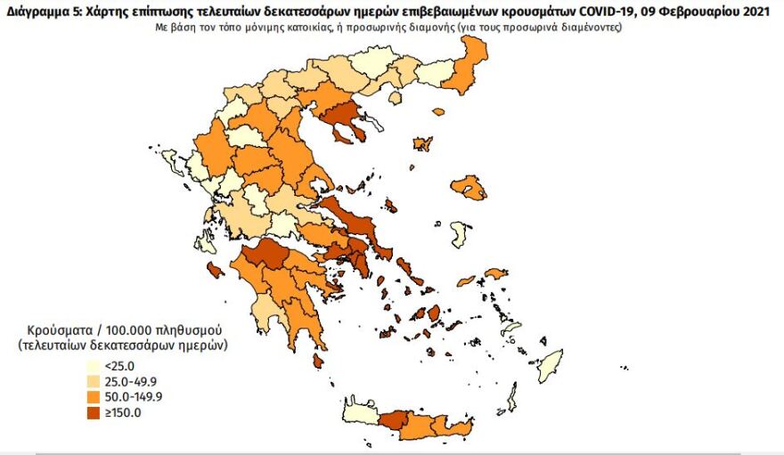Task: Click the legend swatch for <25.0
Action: pyautogui.click(x=93, y=366)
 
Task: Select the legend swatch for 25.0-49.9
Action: pyautogui.click(x=93, y=381)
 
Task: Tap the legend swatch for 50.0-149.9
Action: pyautogui.click(x=93, y=396)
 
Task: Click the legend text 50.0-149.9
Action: pyautogui.click(x=134, y=396)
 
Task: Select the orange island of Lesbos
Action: pyautogui.click(x=469, y=188)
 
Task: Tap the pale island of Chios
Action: pyautogui.click(x=461, y=236)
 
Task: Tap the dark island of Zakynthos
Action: pyautogui.click(x=215, y=270)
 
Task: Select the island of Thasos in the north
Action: pyautogui.click(x=437, y=111)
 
